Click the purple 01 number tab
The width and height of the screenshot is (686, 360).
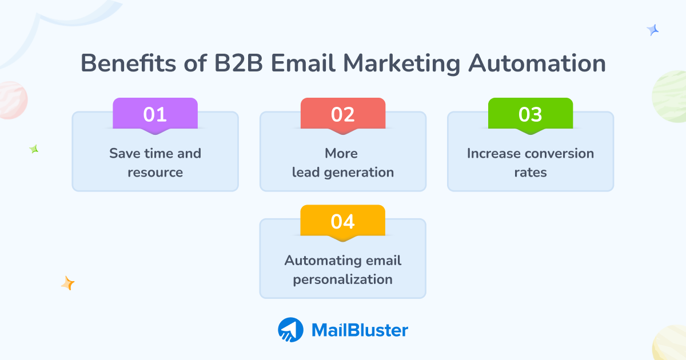(x=155, y=114)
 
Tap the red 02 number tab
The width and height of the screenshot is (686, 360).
(x=343, y=114)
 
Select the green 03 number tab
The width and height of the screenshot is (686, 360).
(x=531, y=114)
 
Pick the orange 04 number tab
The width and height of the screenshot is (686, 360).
(x=343, y=221)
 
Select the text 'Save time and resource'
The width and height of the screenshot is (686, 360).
(x=155, y=162)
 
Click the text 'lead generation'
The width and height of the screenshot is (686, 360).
(x=343, y=172)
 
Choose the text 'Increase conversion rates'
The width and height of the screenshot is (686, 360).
(x=531, y=162)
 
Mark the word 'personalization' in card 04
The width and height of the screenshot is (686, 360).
(x=343, y=279)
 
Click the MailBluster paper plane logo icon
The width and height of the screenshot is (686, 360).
(x=290, y=330)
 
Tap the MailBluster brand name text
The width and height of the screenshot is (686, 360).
(x=360, y=330)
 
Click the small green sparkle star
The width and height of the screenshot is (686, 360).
(x=34, y=149)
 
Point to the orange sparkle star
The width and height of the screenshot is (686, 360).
(x=68, y=283)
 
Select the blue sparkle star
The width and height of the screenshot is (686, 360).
(x=652, y=30)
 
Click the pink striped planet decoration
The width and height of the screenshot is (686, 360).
(x=11, y=100)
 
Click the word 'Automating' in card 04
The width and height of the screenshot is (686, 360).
(x=316, y=261)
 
